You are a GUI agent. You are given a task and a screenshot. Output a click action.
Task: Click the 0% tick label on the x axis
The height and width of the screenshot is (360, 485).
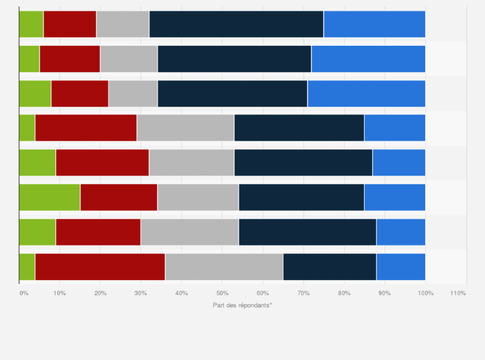tap(23, 293)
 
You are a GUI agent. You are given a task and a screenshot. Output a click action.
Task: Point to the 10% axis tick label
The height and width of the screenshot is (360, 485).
tap(59, 293)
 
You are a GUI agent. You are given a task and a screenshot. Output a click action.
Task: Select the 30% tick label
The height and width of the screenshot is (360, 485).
tap(140, 293)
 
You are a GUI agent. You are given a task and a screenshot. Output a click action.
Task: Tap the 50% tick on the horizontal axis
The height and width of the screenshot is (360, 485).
tap(221, 293)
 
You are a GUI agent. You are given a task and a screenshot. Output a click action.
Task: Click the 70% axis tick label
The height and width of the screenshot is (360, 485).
tap(302, 293)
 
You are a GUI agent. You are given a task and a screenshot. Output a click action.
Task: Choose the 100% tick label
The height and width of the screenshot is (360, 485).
tap(425, 293)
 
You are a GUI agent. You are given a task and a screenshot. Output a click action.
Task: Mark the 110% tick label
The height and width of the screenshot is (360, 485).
tap(458, 293)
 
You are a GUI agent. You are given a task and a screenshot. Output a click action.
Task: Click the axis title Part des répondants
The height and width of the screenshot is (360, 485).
tap(243, 305)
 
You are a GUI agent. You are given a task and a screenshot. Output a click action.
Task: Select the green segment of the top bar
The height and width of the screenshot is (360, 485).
tap(32, 24)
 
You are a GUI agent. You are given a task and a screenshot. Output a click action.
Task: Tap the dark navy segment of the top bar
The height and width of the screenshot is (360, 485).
tap(236, 24)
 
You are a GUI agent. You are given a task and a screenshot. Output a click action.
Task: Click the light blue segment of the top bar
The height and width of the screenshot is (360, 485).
tap(374, 24)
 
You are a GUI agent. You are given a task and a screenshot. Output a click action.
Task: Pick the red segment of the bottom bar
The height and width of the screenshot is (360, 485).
tap(100, 267)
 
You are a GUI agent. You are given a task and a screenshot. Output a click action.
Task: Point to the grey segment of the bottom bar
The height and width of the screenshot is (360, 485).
tap(224, 267)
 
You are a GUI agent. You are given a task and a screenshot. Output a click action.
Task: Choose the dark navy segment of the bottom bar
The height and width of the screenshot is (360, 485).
tap(329, 267)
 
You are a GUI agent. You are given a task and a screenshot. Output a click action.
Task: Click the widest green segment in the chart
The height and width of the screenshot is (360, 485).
tap(50, 197)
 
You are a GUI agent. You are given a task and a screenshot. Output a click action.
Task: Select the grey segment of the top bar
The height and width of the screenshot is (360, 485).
tap(122, 24)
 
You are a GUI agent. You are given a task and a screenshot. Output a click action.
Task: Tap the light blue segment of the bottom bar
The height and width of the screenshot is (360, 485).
tap(401, 267)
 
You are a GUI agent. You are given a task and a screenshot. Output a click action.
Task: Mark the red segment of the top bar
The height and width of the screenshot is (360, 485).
tap(69, 24)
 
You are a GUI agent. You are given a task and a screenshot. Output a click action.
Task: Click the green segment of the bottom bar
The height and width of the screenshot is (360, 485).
tap(27, 267)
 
